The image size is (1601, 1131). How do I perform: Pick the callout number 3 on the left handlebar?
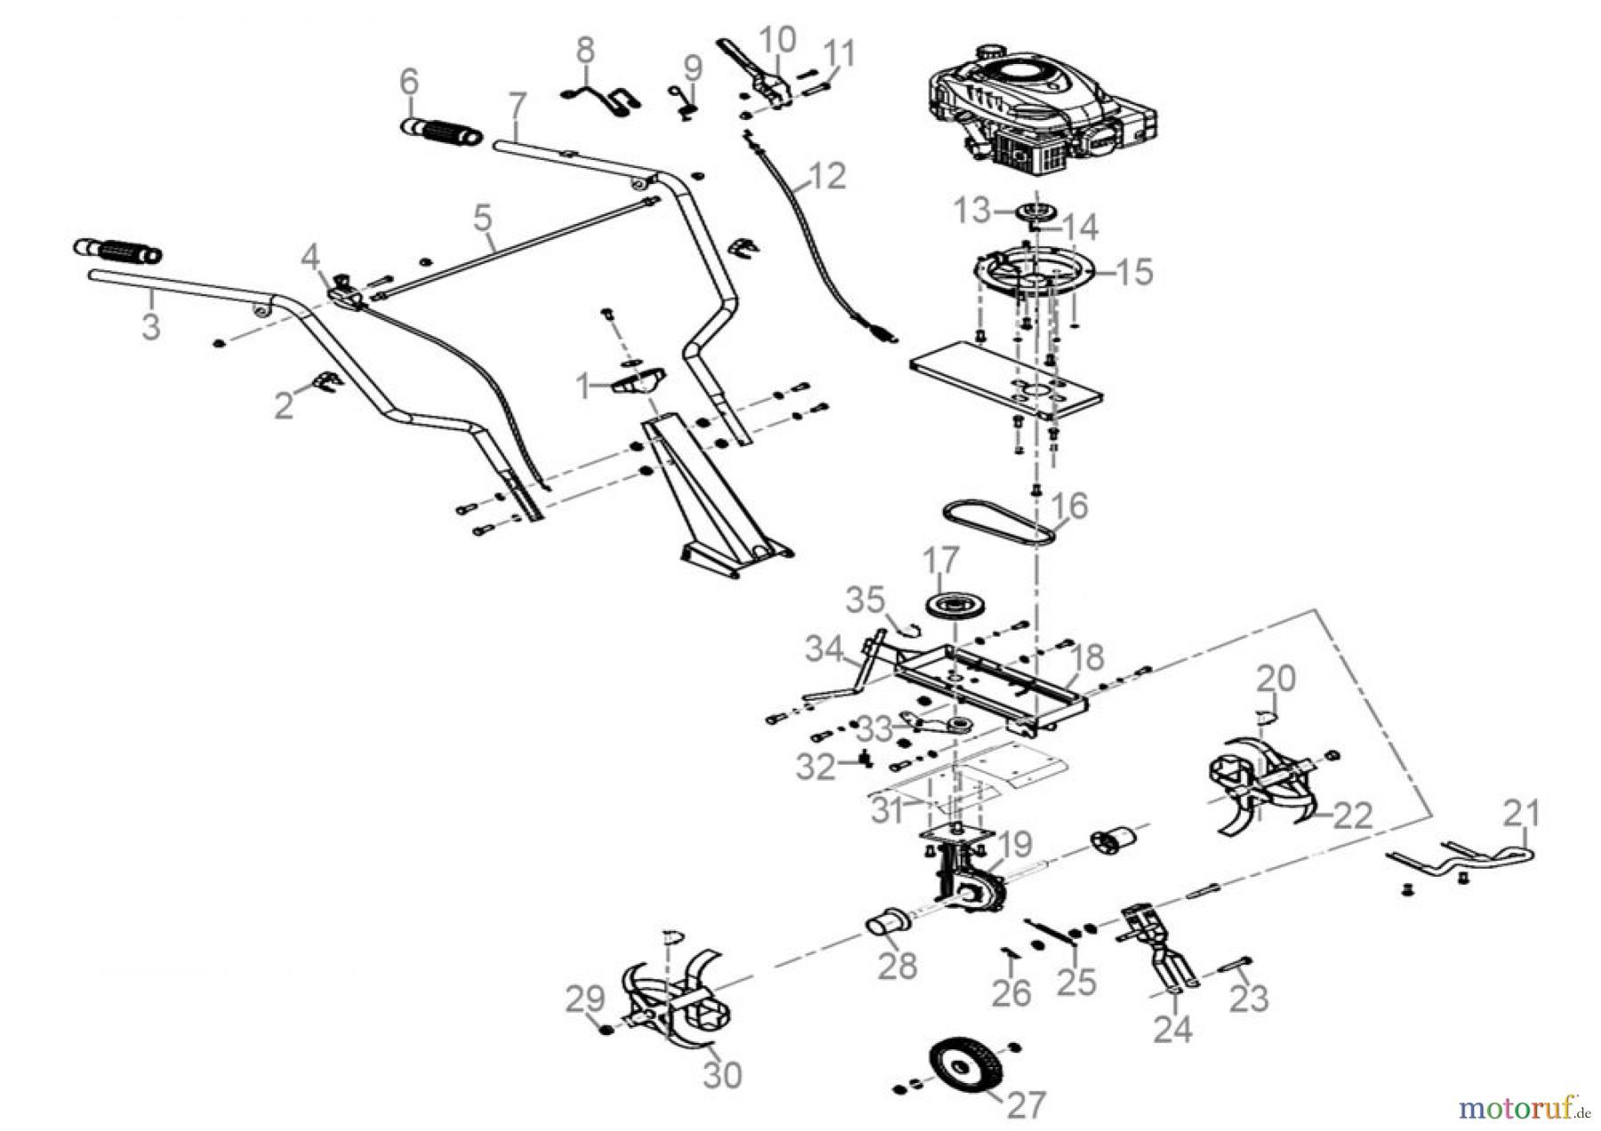click(x=152, y=326)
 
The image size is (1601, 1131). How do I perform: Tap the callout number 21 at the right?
click(x=1522, y=813)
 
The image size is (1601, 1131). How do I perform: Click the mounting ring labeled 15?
click(x=1036, y=271)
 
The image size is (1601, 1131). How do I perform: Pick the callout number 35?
click(x=865, y=600)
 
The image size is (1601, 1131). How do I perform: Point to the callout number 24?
click(x=1173, y=1029)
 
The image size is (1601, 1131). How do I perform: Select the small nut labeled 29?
click(x=605, y=1030)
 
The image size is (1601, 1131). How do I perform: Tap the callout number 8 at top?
click(x=584, y=51)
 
